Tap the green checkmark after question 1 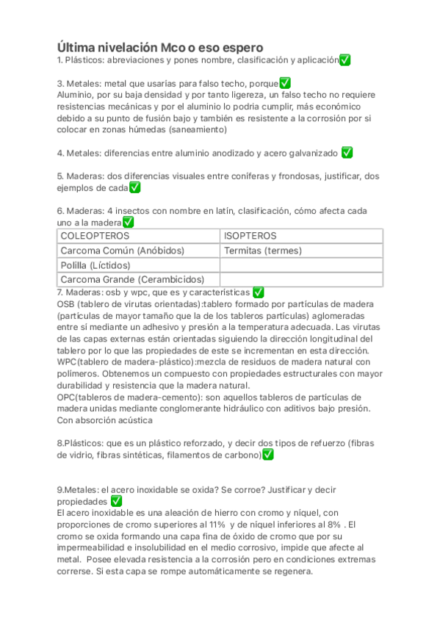click(x=345, y=60)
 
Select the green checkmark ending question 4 click(x=347, y=153)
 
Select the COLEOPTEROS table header click(x=95, y=236)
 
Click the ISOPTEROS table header click(x=250, y=236)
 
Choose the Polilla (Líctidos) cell click(x=95, y=265)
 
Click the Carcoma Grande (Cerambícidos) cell click(x=122, y=280)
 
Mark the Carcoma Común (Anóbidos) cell click(x=122, y=251)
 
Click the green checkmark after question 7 click(x=258, y=292)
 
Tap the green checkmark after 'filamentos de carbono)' click(x=268, y=455)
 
